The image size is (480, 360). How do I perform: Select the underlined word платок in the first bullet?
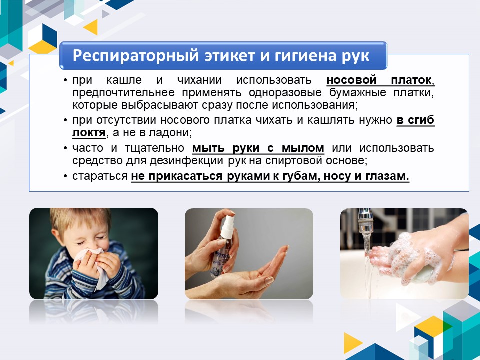coord(411,80)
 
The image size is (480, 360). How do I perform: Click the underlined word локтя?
coord(89,133)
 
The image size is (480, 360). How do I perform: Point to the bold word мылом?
coord(303,148)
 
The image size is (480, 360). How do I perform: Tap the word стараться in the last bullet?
coord(100,176)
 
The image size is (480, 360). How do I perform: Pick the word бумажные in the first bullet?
coord(358,93)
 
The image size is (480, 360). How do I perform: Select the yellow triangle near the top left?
coord(92,27)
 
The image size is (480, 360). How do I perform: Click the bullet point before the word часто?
coord(65,148)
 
